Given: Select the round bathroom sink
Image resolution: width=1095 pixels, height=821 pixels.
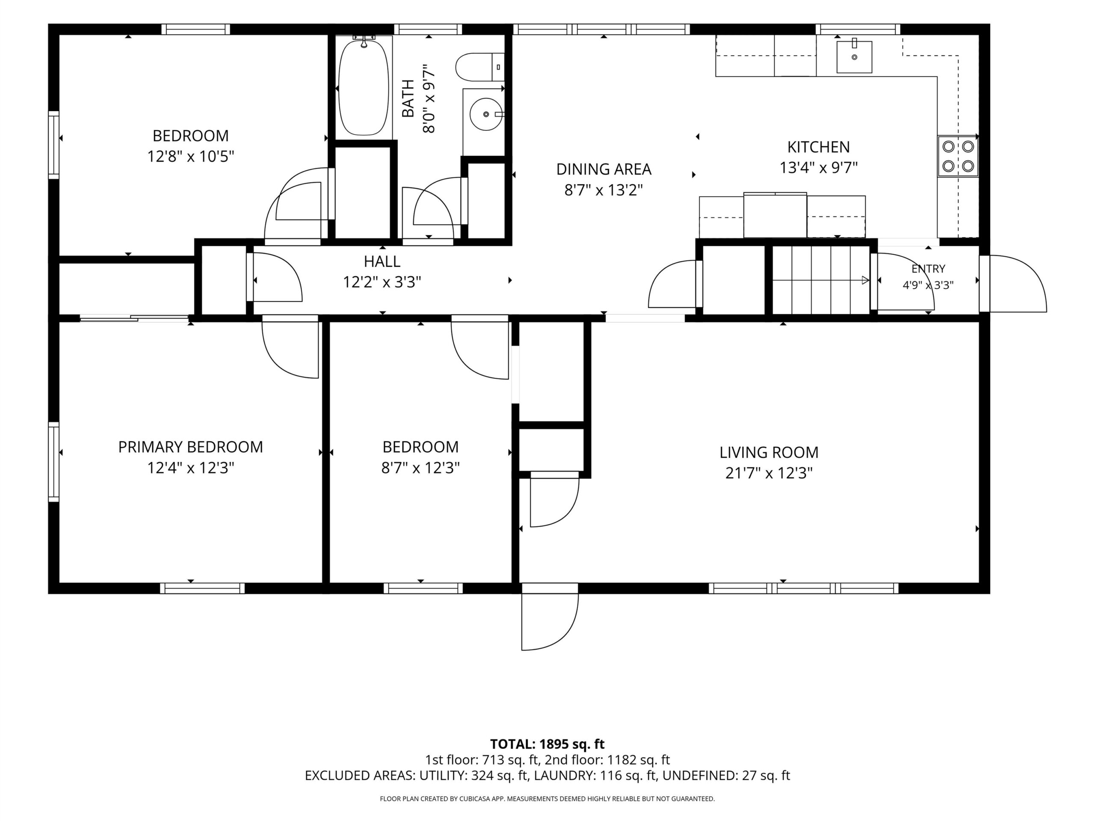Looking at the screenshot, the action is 485,114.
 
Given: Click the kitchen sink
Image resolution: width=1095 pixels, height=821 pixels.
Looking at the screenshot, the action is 854,57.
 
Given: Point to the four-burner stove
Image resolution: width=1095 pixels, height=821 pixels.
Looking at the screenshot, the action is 957,157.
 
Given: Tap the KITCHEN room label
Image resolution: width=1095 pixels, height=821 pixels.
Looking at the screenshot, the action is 818,147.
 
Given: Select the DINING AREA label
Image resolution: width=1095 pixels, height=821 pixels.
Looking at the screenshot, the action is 604,169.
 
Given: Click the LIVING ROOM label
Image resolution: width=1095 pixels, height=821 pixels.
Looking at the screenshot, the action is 769,452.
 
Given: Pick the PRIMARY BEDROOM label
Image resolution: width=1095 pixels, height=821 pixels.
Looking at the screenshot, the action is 191,447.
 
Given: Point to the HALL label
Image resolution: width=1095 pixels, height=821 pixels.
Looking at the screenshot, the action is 382,261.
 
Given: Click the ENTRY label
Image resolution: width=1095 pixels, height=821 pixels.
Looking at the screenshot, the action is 928,269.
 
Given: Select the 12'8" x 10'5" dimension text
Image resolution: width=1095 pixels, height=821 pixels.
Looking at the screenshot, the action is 191,157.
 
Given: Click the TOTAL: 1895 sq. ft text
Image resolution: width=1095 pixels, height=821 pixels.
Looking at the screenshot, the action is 547,744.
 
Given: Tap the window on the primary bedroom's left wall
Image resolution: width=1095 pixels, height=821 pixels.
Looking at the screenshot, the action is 53,462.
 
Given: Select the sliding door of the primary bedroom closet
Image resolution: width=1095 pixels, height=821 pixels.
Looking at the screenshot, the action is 134,318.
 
